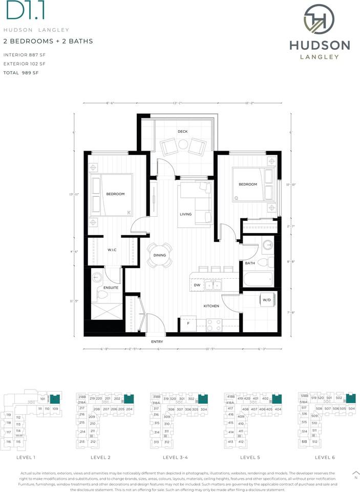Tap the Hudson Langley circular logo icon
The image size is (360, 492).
pyautogui.click(x=319, y=20)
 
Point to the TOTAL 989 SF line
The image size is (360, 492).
pyautogui.click(x=21, y=73)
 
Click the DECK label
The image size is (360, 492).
pyautogui.click(x=182, y=132)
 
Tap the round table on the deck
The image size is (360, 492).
pyautogui.click(x=183, y=146)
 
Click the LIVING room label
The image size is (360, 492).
pyautogui.click(x=185, y=214)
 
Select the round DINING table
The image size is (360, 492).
pyautogui.click(x=159, y=255)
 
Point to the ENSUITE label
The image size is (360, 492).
pyautogui.click(x=111, y=288)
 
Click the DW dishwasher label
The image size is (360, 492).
pyautogui.click(x=197, y=285)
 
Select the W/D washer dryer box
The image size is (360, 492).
pyautogui.click(x=267, y=300)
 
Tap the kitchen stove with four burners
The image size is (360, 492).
pyautogui.click(x=214, y=324)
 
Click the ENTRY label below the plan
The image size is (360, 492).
pyautogui.click(x=157, y=341)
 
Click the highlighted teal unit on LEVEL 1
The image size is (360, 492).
pyautogui.click(x=55, y=399)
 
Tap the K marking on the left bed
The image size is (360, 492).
pyautogui.click(x=129, y=212)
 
